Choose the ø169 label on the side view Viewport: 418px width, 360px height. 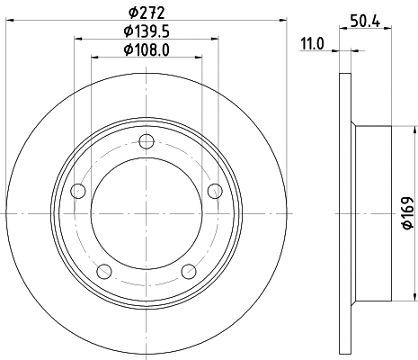pyautogui.click(x=407, y=213)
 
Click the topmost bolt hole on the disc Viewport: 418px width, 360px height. pyautogui.click(x=147, y=140)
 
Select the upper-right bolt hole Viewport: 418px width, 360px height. pyautogui.click(x=214, y=190)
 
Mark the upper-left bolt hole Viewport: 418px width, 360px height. pyautogui.click(x=78, y=190)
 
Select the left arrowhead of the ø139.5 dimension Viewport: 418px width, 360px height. pyautogui.click(x=76, y=39)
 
